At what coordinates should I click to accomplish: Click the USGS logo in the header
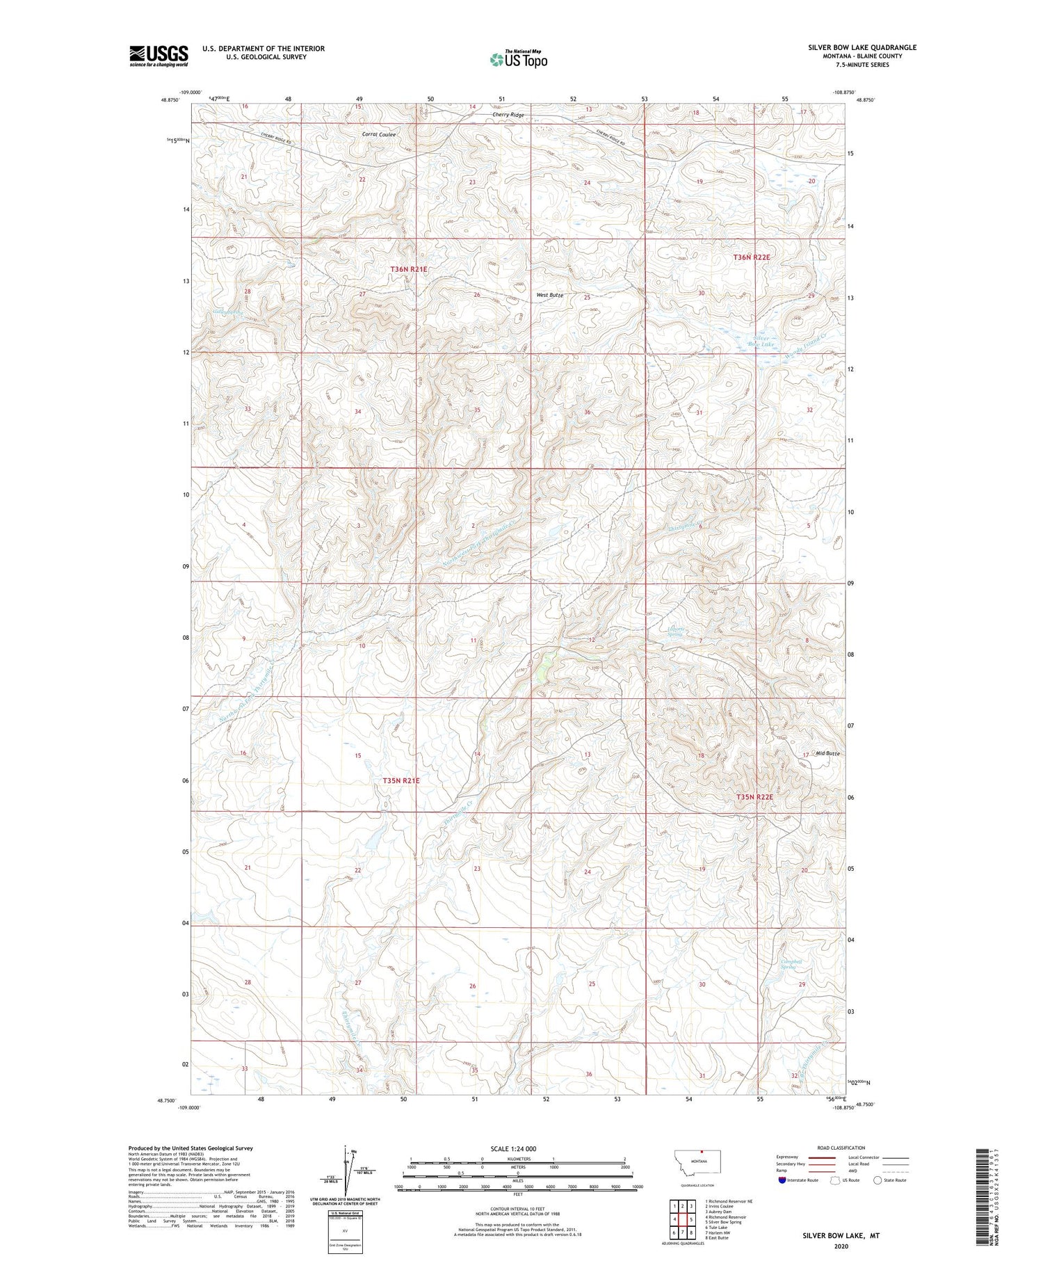click(159, 56)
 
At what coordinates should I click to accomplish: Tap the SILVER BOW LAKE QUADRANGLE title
click(862, 47)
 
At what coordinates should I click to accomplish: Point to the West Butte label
click(549, 295)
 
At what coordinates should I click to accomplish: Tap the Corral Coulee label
click(379, 134)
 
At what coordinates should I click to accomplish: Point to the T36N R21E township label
click(409, 268)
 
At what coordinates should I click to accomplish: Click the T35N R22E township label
click(754, 797)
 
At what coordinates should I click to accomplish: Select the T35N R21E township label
click(401, 780)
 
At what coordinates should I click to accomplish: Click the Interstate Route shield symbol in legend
click(782, 1180)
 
